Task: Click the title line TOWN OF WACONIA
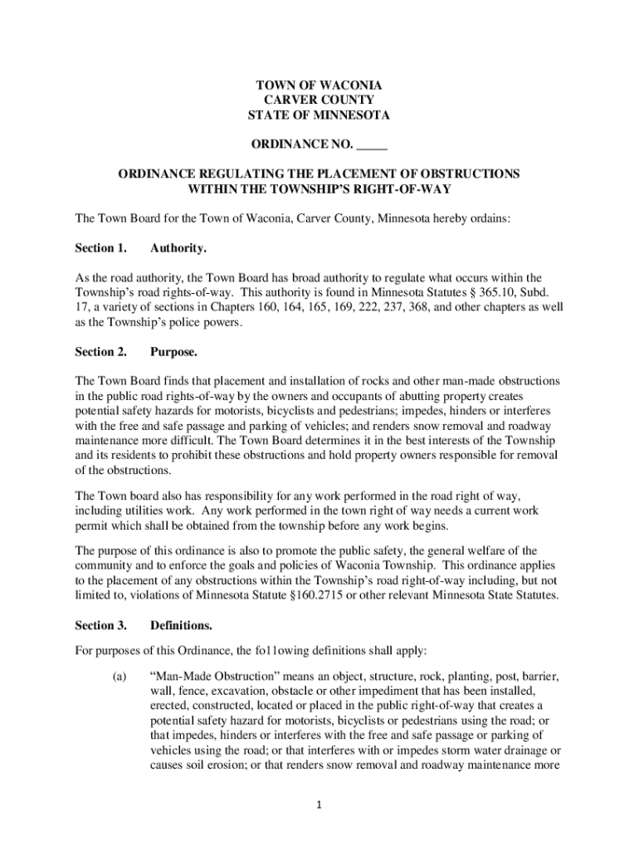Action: click(319, 85)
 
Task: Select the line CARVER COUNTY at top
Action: click(319, 100)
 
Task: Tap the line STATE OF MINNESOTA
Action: click(319, 115)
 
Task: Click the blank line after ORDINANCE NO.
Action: click(372, 146)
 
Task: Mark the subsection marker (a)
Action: click(119, 676)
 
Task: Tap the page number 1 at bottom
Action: click(319, 804)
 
